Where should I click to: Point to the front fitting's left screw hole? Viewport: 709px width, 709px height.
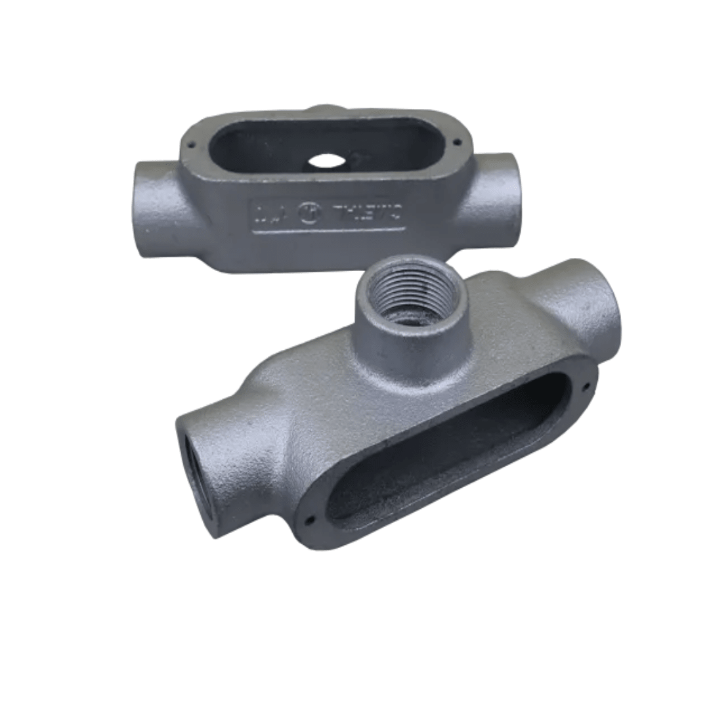[x=311, y=519]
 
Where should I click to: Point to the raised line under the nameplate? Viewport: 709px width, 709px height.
[x=328, y=230]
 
